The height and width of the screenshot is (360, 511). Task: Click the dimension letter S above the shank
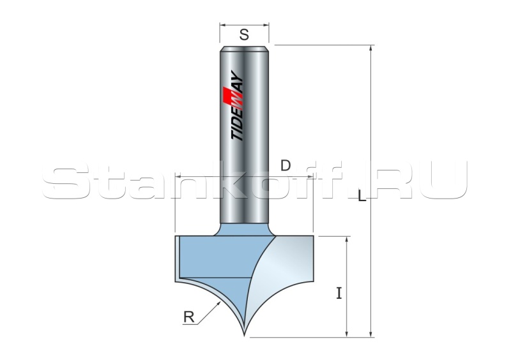point(244,34)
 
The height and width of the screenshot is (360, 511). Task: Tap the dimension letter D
point(286,166)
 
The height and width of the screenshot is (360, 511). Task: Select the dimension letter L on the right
point(362,196)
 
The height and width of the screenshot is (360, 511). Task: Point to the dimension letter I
point(339,293)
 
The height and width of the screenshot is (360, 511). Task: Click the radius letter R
point(189,317)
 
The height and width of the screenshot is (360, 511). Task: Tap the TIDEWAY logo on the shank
point(237,105)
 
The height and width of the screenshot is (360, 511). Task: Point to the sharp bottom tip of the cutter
point(245,336)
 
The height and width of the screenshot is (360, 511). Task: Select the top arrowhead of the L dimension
point(370,49)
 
